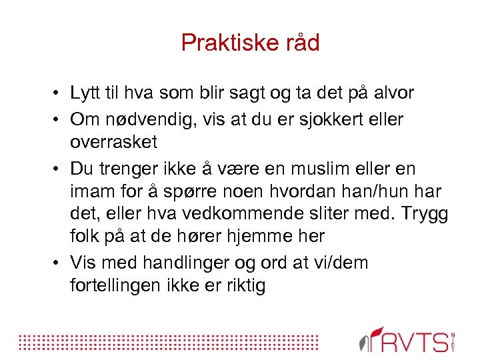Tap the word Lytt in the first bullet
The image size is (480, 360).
[85, 93]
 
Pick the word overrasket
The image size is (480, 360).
[113, 141]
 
